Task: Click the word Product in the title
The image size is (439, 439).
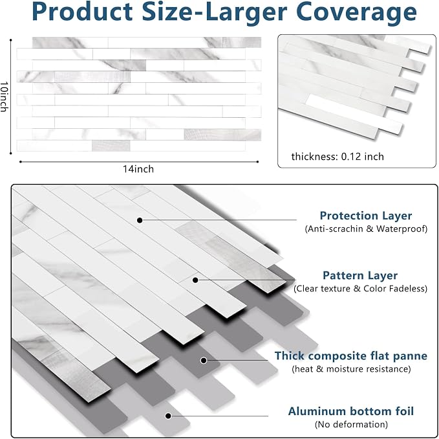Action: [82, 12]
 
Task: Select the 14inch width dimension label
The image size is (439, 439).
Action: [138, 169]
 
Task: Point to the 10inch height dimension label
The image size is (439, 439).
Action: [4, 96]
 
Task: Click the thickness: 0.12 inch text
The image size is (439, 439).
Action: [337, 157]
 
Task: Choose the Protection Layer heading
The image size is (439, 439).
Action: [366, 216]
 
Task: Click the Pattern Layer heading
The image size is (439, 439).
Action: [360, 276]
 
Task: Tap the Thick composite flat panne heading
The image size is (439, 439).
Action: [351, 355]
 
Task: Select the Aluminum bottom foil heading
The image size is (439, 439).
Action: [351, 411]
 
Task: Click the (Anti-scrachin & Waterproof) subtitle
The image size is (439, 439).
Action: [366, 229]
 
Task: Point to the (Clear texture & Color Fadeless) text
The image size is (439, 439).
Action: [360, 289]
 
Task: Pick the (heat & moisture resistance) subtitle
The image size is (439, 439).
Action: [351, 368]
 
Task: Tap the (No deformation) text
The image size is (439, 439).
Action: [351, 424]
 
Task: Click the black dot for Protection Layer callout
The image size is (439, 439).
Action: [140, 220]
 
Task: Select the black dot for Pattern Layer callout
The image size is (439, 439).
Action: [195, 280]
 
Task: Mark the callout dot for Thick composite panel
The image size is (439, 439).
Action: [204, 360]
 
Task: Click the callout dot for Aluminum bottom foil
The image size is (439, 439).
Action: [168, 416]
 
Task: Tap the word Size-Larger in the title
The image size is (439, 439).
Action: [215, 12]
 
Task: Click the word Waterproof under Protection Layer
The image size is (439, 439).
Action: [402, 229]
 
